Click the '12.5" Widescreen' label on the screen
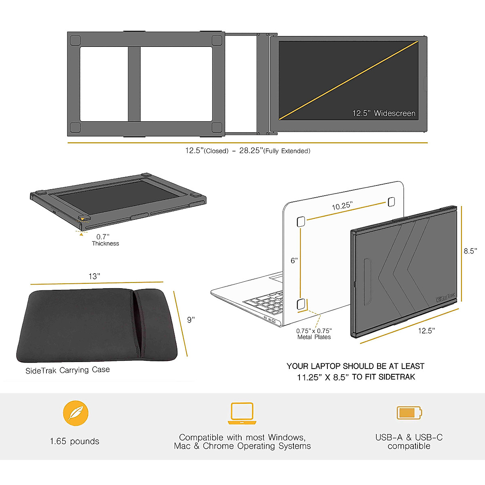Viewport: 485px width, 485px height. click(384, 114)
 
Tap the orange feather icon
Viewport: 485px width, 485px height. click(76, 413)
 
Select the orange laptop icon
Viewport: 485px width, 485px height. click(242, 413)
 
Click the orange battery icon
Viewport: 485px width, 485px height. click(409, 413)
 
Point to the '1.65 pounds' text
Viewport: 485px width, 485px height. click(74, 441)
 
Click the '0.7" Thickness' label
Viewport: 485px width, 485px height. click(105, 240)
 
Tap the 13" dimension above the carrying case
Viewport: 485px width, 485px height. click(94, 276)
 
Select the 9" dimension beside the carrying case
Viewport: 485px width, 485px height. click(191, 320)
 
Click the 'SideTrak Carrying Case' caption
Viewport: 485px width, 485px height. click(67, 370)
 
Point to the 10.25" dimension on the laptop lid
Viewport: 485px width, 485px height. click(342, 206)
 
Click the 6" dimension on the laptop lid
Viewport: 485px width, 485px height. click(294, 261)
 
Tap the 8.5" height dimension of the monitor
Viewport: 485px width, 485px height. click(470, 251)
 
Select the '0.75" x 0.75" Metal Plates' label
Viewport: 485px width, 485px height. click(314, 334)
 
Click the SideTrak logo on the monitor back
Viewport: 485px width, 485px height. click(445, 298)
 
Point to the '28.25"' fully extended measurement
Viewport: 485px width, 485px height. click(251, 151)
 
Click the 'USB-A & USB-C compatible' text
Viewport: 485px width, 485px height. click(409, 442)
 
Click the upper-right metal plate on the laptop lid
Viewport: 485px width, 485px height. click(391, 201)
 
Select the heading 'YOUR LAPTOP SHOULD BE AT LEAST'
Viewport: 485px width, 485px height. click(355, 366)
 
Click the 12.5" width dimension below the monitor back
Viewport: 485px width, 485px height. click(426, 331)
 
